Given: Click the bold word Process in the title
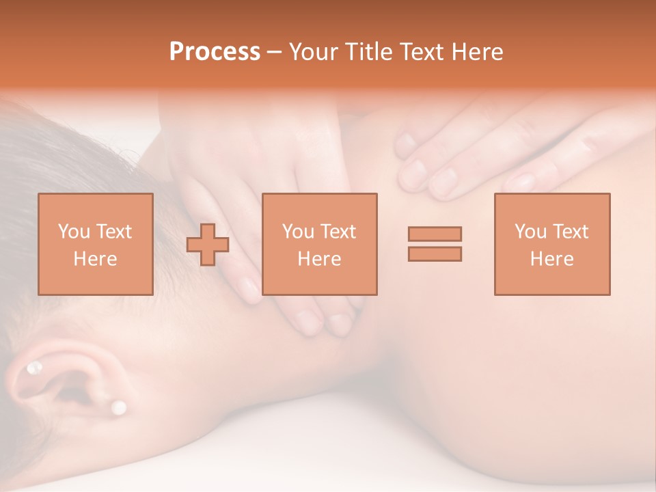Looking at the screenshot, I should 215,52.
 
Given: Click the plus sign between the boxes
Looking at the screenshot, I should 208,245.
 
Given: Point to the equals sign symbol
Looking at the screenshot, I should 435,244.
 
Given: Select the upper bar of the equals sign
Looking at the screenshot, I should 435,234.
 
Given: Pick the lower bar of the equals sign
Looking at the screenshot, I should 435,254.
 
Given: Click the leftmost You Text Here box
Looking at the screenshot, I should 96,244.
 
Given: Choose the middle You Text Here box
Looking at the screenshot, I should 319,244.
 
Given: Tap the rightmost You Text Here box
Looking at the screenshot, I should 552,244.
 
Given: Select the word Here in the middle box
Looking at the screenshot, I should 319,259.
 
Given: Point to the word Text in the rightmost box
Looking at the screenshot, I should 570,232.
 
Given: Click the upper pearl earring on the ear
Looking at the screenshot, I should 33,369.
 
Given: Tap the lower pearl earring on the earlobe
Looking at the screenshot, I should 119,407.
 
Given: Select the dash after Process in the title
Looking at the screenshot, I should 274,52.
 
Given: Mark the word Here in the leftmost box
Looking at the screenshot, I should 96,259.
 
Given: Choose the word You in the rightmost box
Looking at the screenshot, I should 530,232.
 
